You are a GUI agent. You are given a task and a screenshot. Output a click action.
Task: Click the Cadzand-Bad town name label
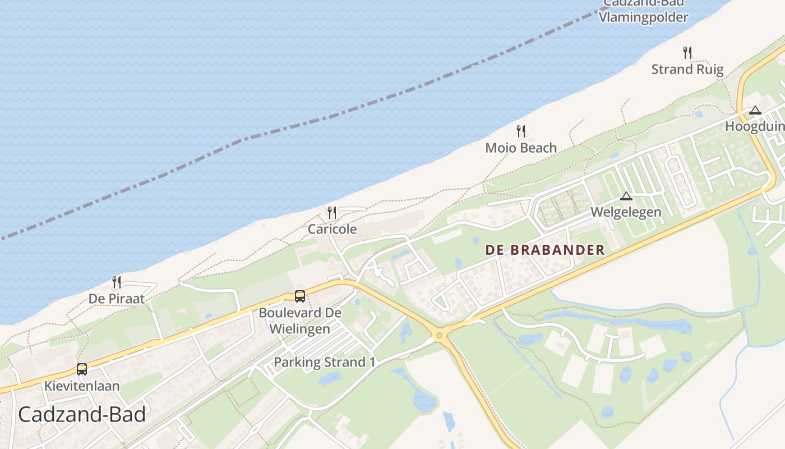click(82, 415)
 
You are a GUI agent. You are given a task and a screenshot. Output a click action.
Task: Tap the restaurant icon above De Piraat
click(117, 282)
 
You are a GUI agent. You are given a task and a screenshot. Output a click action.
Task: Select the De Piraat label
click(117, 299)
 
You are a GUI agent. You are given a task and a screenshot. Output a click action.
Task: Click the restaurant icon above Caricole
click(332, 212)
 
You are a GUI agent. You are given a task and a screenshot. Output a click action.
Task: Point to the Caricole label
click(332, 229)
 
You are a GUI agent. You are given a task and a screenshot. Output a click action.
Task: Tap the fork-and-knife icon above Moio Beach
click(521, 131)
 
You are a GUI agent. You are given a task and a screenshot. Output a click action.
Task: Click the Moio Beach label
click(521, 148)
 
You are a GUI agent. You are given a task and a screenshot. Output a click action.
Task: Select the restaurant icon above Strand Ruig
click(687, 53)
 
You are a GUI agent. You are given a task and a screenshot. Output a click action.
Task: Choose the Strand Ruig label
click(687, 70)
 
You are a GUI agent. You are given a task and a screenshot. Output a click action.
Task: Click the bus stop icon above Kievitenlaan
click(82, 369)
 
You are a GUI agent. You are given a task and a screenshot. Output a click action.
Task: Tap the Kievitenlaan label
click(82, 386)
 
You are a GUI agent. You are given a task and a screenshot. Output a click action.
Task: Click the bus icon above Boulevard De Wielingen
click(300, 296)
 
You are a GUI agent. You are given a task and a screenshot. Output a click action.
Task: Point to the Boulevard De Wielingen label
click(300, 320)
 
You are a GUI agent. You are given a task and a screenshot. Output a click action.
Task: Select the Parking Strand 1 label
click(324, 362)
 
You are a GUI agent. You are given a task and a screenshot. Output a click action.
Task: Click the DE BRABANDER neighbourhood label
click(545, 250)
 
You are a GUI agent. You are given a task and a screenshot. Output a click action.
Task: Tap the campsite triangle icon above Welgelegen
click(626, 196)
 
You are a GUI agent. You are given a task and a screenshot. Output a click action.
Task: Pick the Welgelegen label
click(626, 212)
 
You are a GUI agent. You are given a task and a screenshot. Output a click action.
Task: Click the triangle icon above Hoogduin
click(755, 110)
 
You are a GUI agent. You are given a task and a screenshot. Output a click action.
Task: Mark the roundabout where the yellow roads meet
click(439, 335)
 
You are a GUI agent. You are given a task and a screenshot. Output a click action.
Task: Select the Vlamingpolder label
click(643, 17)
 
